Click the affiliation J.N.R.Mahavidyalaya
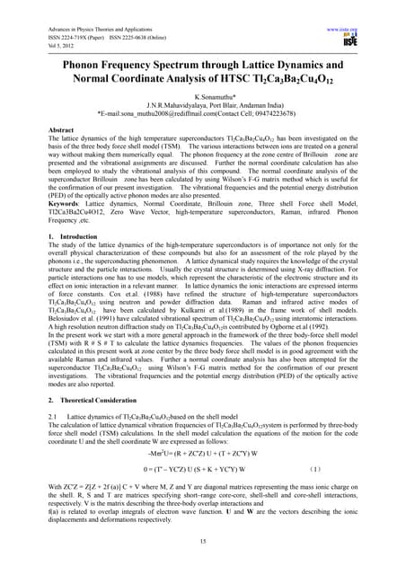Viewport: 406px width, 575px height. (164, 105)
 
